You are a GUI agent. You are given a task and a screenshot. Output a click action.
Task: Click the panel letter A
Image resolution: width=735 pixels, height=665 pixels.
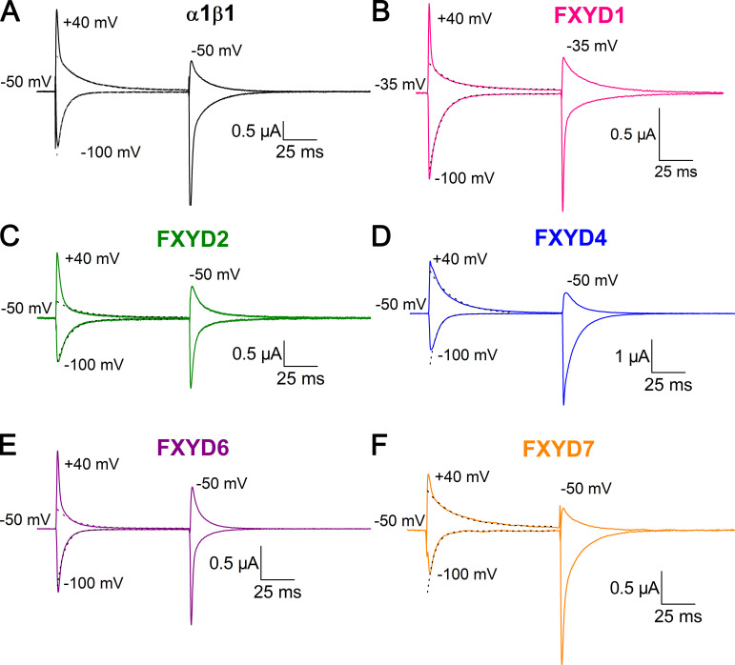pos(12,12)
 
